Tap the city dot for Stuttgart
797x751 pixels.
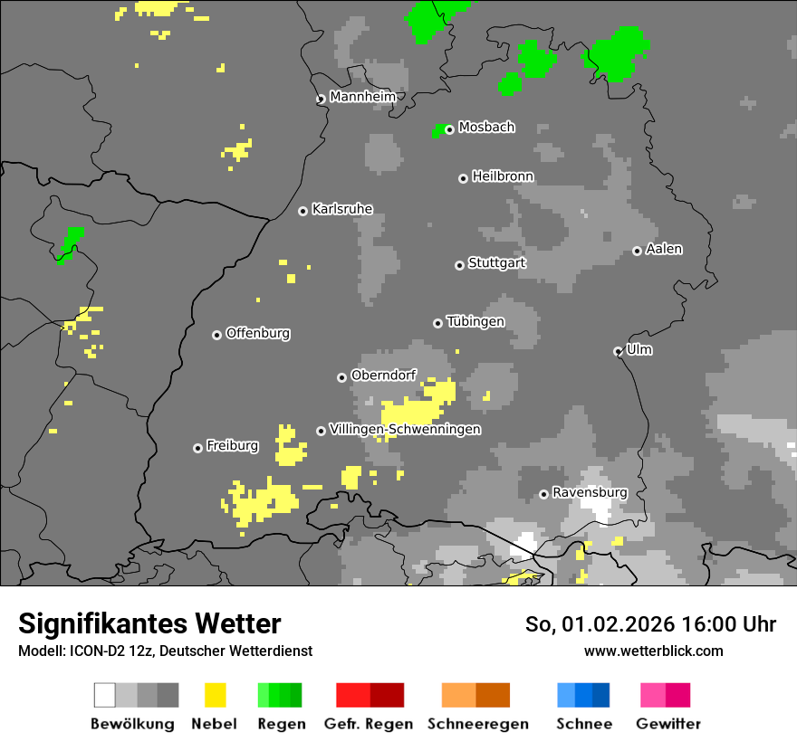click(459, 265)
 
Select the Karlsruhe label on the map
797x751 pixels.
click(341, 209)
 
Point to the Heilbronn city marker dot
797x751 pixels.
click(463, 178)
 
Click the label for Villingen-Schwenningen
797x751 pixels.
click(405, 429)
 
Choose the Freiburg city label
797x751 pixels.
click(232, 446)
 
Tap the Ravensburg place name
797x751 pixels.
click(590, 492)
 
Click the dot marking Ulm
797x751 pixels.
click(618, 351)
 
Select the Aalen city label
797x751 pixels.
click(664, 249)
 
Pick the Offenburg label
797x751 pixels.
click(257, 333)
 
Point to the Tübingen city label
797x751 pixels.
click(475, 321)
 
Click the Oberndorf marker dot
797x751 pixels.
click(341, 377)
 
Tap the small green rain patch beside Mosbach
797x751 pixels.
click(439, 131)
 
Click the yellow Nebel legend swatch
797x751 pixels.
click(215, 695)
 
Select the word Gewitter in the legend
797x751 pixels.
click(668, 724)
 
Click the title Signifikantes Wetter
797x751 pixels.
click(149, 623)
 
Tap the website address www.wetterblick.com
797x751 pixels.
click(653, 651)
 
